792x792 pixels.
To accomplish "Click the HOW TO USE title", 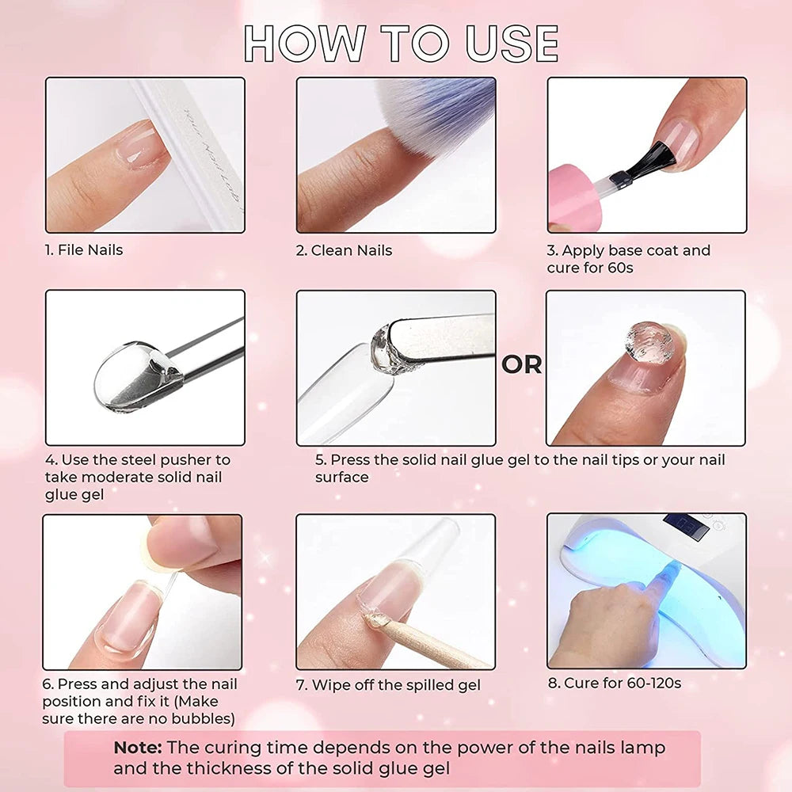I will tap(401, 44).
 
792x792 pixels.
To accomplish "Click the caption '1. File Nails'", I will tap(83, 250).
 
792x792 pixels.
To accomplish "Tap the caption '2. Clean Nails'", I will tap(345, 250).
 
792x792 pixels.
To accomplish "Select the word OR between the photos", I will tap(522, 364).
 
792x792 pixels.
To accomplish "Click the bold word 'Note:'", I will tap(138, 748).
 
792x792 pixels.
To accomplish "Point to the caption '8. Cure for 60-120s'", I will tap(614, 683).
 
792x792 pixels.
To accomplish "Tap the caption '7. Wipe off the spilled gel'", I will tap(388, 685).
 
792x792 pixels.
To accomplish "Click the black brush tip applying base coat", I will tap(654, 158).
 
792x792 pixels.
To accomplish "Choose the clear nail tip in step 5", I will tap(345, 396).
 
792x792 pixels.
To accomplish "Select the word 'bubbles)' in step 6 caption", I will tap(206, 719).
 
